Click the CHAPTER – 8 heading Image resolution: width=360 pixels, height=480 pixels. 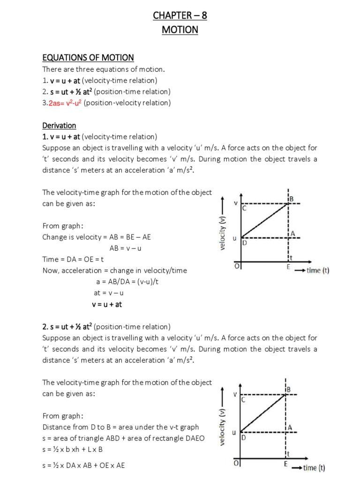click(x=180, y=16)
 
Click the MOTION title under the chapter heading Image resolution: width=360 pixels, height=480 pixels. click(x=180, y=30)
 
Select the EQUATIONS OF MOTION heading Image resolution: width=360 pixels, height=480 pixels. click(x=88, y=58)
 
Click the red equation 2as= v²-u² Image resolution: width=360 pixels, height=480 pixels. click(x=65, y=103)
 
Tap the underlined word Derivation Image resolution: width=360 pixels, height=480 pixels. click(x=59, y=126)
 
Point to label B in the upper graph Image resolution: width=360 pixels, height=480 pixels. click(x=291, y=199)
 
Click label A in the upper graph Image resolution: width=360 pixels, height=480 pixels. click(x=292, y=233)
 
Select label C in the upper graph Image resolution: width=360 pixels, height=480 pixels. click(x=244, y=209)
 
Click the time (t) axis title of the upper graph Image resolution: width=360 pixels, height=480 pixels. click(x=318, y=270)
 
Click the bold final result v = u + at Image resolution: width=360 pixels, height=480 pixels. click(x=107, y=304)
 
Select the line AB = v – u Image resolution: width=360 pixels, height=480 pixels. click(x=125, y=248)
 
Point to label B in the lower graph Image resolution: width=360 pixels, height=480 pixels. click(x=288, y=390)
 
